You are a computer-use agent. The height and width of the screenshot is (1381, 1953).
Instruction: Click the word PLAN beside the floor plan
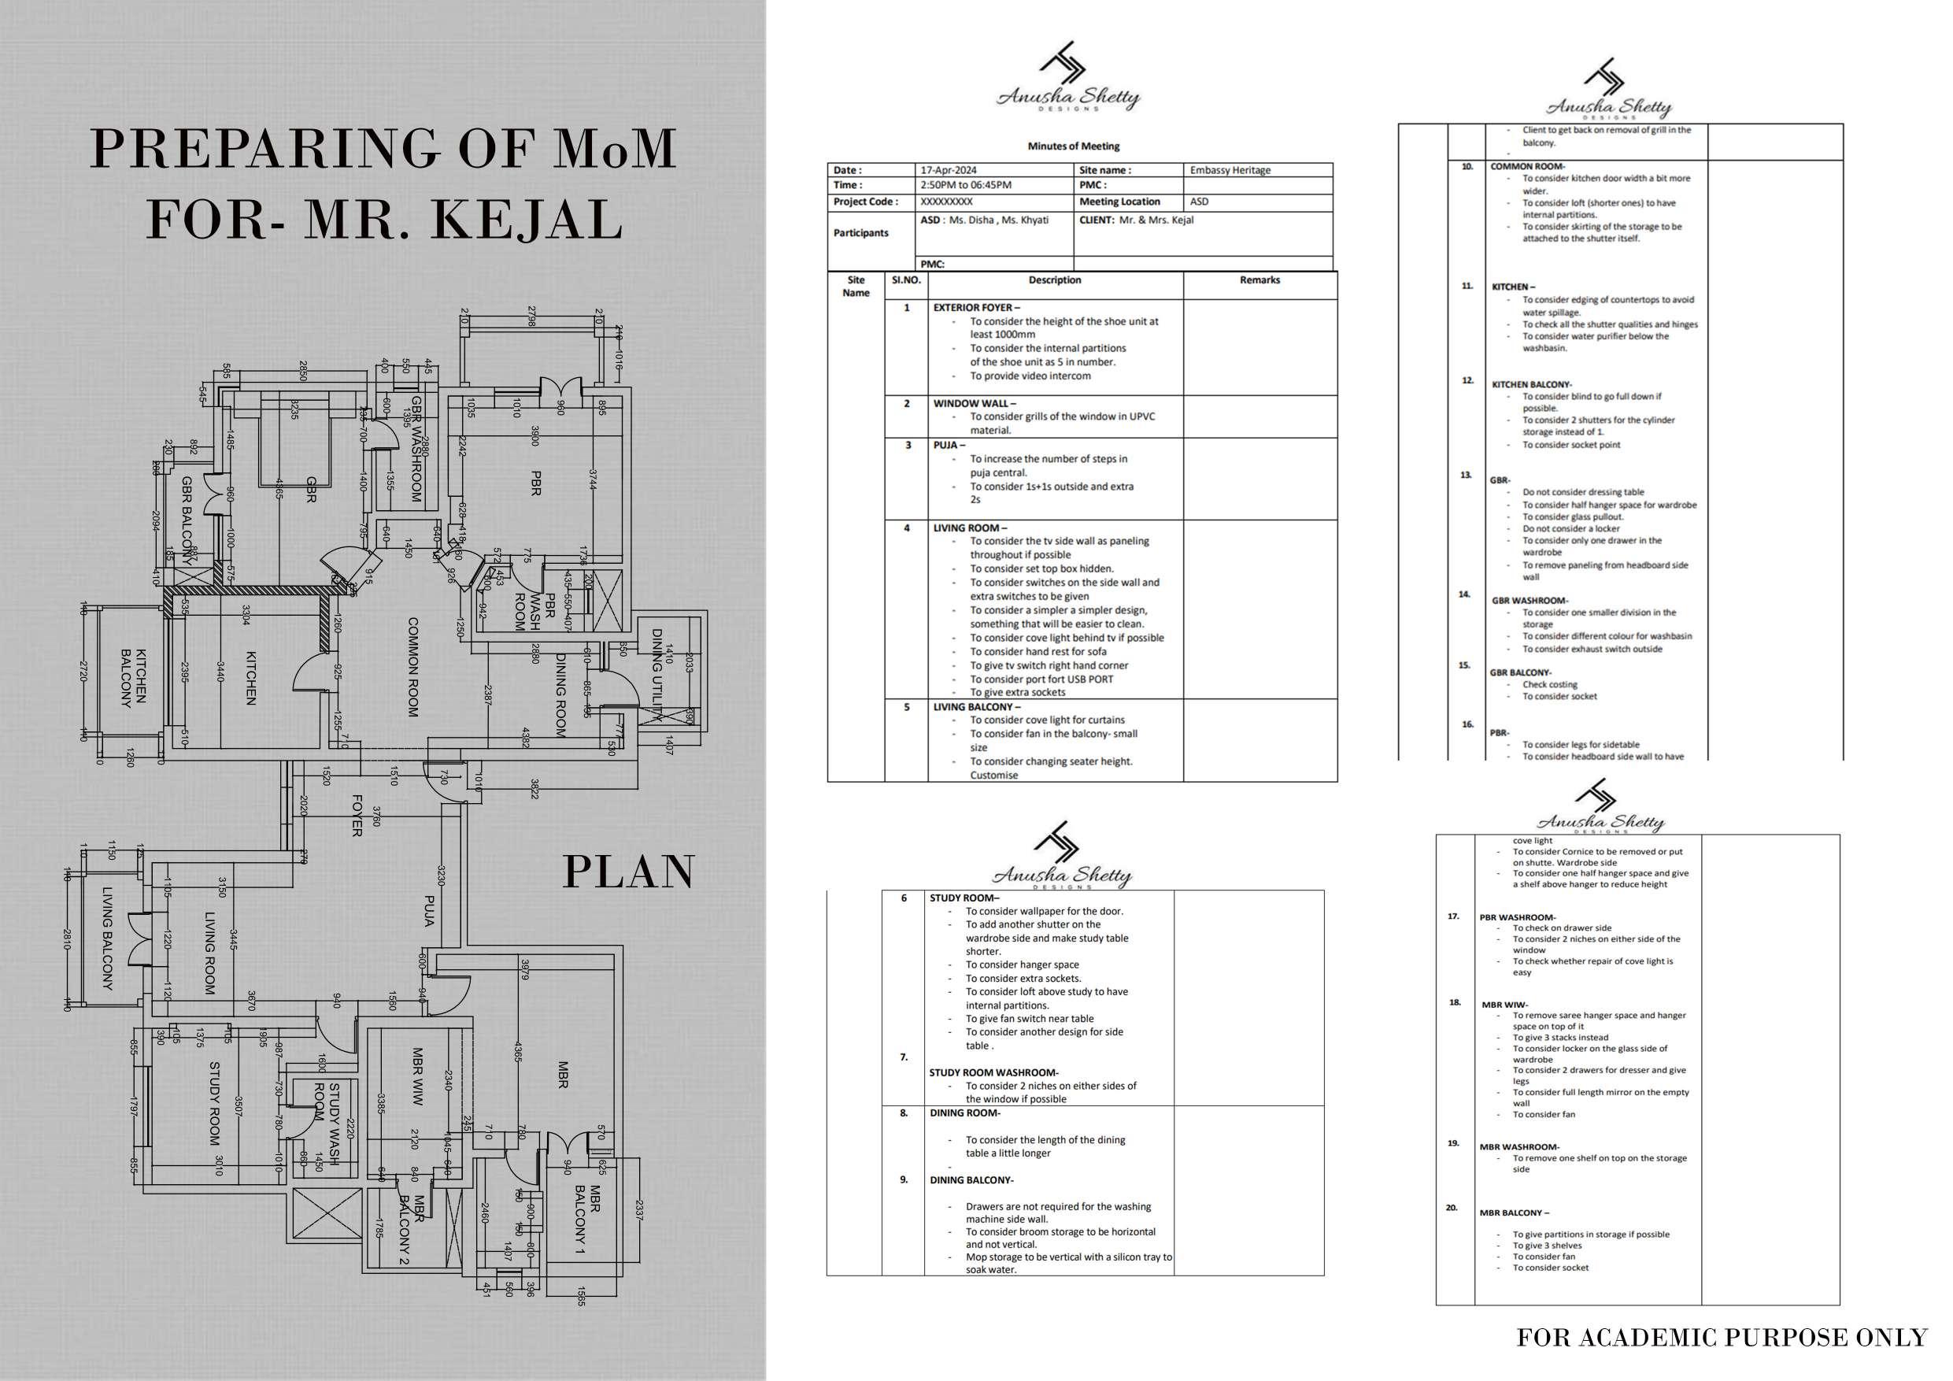click(x=629, y=872)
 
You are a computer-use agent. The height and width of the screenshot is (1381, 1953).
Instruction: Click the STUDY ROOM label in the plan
click(x=214, y=1103)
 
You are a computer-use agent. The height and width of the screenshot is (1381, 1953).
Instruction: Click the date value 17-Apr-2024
click(x=949, y=170)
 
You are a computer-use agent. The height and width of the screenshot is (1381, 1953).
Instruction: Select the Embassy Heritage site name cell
click(x=1230, y=170)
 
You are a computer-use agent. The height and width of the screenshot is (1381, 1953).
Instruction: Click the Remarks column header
click(x=1259, y=280)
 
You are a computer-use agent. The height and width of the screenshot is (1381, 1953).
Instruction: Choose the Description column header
click(x=1055, y=280)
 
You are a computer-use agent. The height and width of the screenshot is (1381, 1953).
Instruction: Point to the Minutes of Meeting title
click(x=1074, y=146)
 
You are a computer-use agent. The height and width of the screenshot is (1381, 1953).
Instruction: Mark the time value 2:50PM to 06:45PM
click(x=965, y=185)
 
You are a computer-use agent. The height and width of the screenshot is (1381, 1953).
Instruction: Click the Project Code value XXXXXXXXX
click(x=946, y=202)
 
